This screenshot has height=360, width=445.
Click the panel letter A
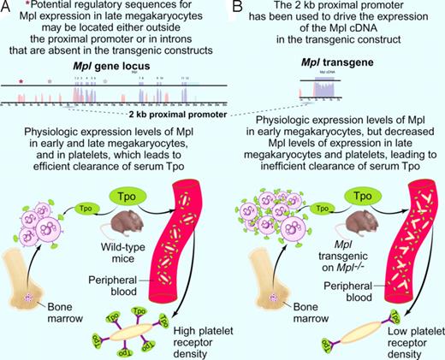click(x=8, y=8)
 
